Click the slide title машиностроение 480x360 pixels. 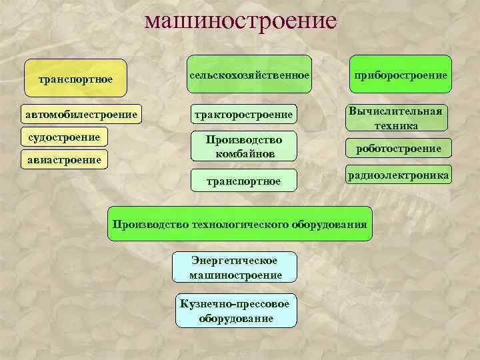241,21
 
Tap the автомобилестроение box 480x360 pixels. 82,115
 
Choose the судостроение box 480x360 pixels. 64,138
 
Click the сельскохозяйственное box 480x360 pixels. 249,75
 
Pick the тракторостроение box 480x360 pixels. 243,115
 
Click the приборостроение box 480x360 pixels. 399,74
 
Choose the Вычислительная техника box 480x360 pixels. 395,117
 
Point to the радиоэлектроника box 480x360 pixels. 398,175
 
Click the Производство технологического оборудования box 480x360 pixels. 240,224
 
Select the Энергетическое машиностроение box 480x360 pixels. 235,267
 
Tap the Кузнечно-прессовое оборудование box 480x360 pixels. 235,311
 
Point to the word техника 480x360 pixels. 396,125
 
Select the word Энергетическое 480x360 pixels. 235,260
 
